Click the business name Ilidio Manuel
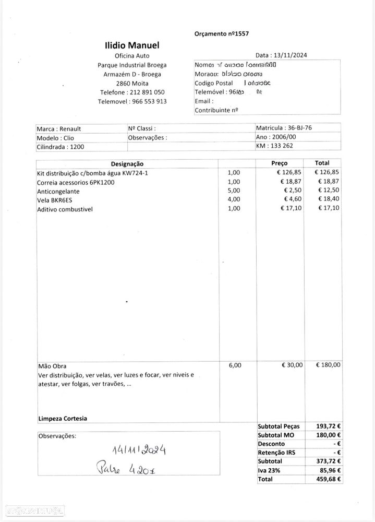(x=132, y=46)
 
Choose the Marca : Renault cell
(x=58, y=129)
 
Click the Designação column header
(x=127, y=164)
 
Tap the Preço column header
(x=279, y=163)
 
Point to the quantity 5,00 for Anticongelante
(x=234, y=191)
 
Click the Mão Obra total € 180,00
(x=328, y=365)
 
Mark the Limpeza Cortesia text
(x=63, y=418)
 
